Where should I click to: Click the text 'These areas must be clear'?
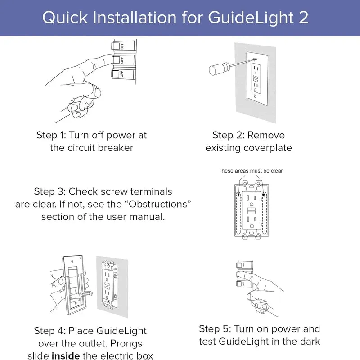pos(251,171)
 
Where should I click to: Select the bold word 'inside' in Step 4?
pos(67,356)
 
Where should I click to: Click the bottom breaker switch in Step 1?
pos(117,74)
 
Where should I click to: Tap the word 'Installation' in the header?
pos(135,18)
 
